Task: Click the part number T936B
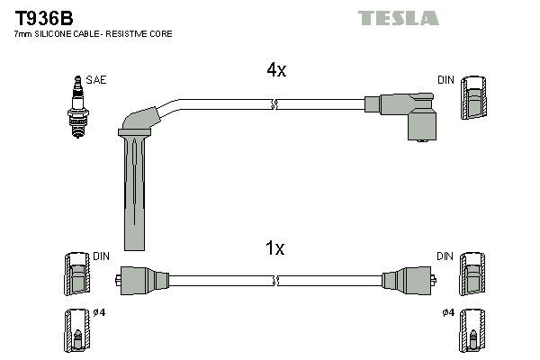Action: pos(42,17)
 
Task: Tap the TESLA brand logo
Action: pos(399,18)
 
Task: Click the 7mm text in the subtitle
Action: pos(23,33)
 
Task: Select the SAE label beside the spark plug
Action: pos(97,80)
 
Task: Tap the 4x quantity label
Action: pos(275,70)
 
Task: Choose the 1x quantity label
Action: pos(275,248)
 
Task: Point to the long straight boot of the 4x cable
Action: pos(132,189)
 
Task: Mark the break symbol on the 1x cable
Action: pos(276,281)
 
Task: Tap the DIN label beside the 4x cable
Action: pos(445,80)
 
